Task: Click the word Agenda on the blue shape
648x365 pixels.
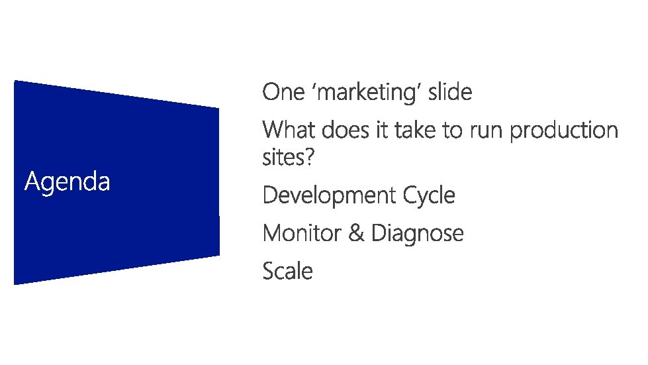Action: point(67,181)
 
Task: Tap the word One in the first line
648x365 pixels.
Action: point(283,92)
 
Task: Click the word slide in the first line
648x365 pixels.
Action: point(450,92)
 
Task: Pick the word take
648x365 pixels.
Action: point(416,130)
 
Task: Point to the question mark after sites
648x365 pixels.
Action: point(309,158)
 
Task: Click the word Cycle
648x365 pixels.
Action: point(429,196)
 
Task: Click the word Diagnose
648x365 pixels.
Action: point(418,234)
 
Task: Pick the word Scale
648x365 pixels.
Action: point(287,271)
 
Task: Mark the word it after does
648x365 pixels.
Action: point(382,130)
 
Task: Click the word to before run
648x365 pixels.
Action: point(453,130)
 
